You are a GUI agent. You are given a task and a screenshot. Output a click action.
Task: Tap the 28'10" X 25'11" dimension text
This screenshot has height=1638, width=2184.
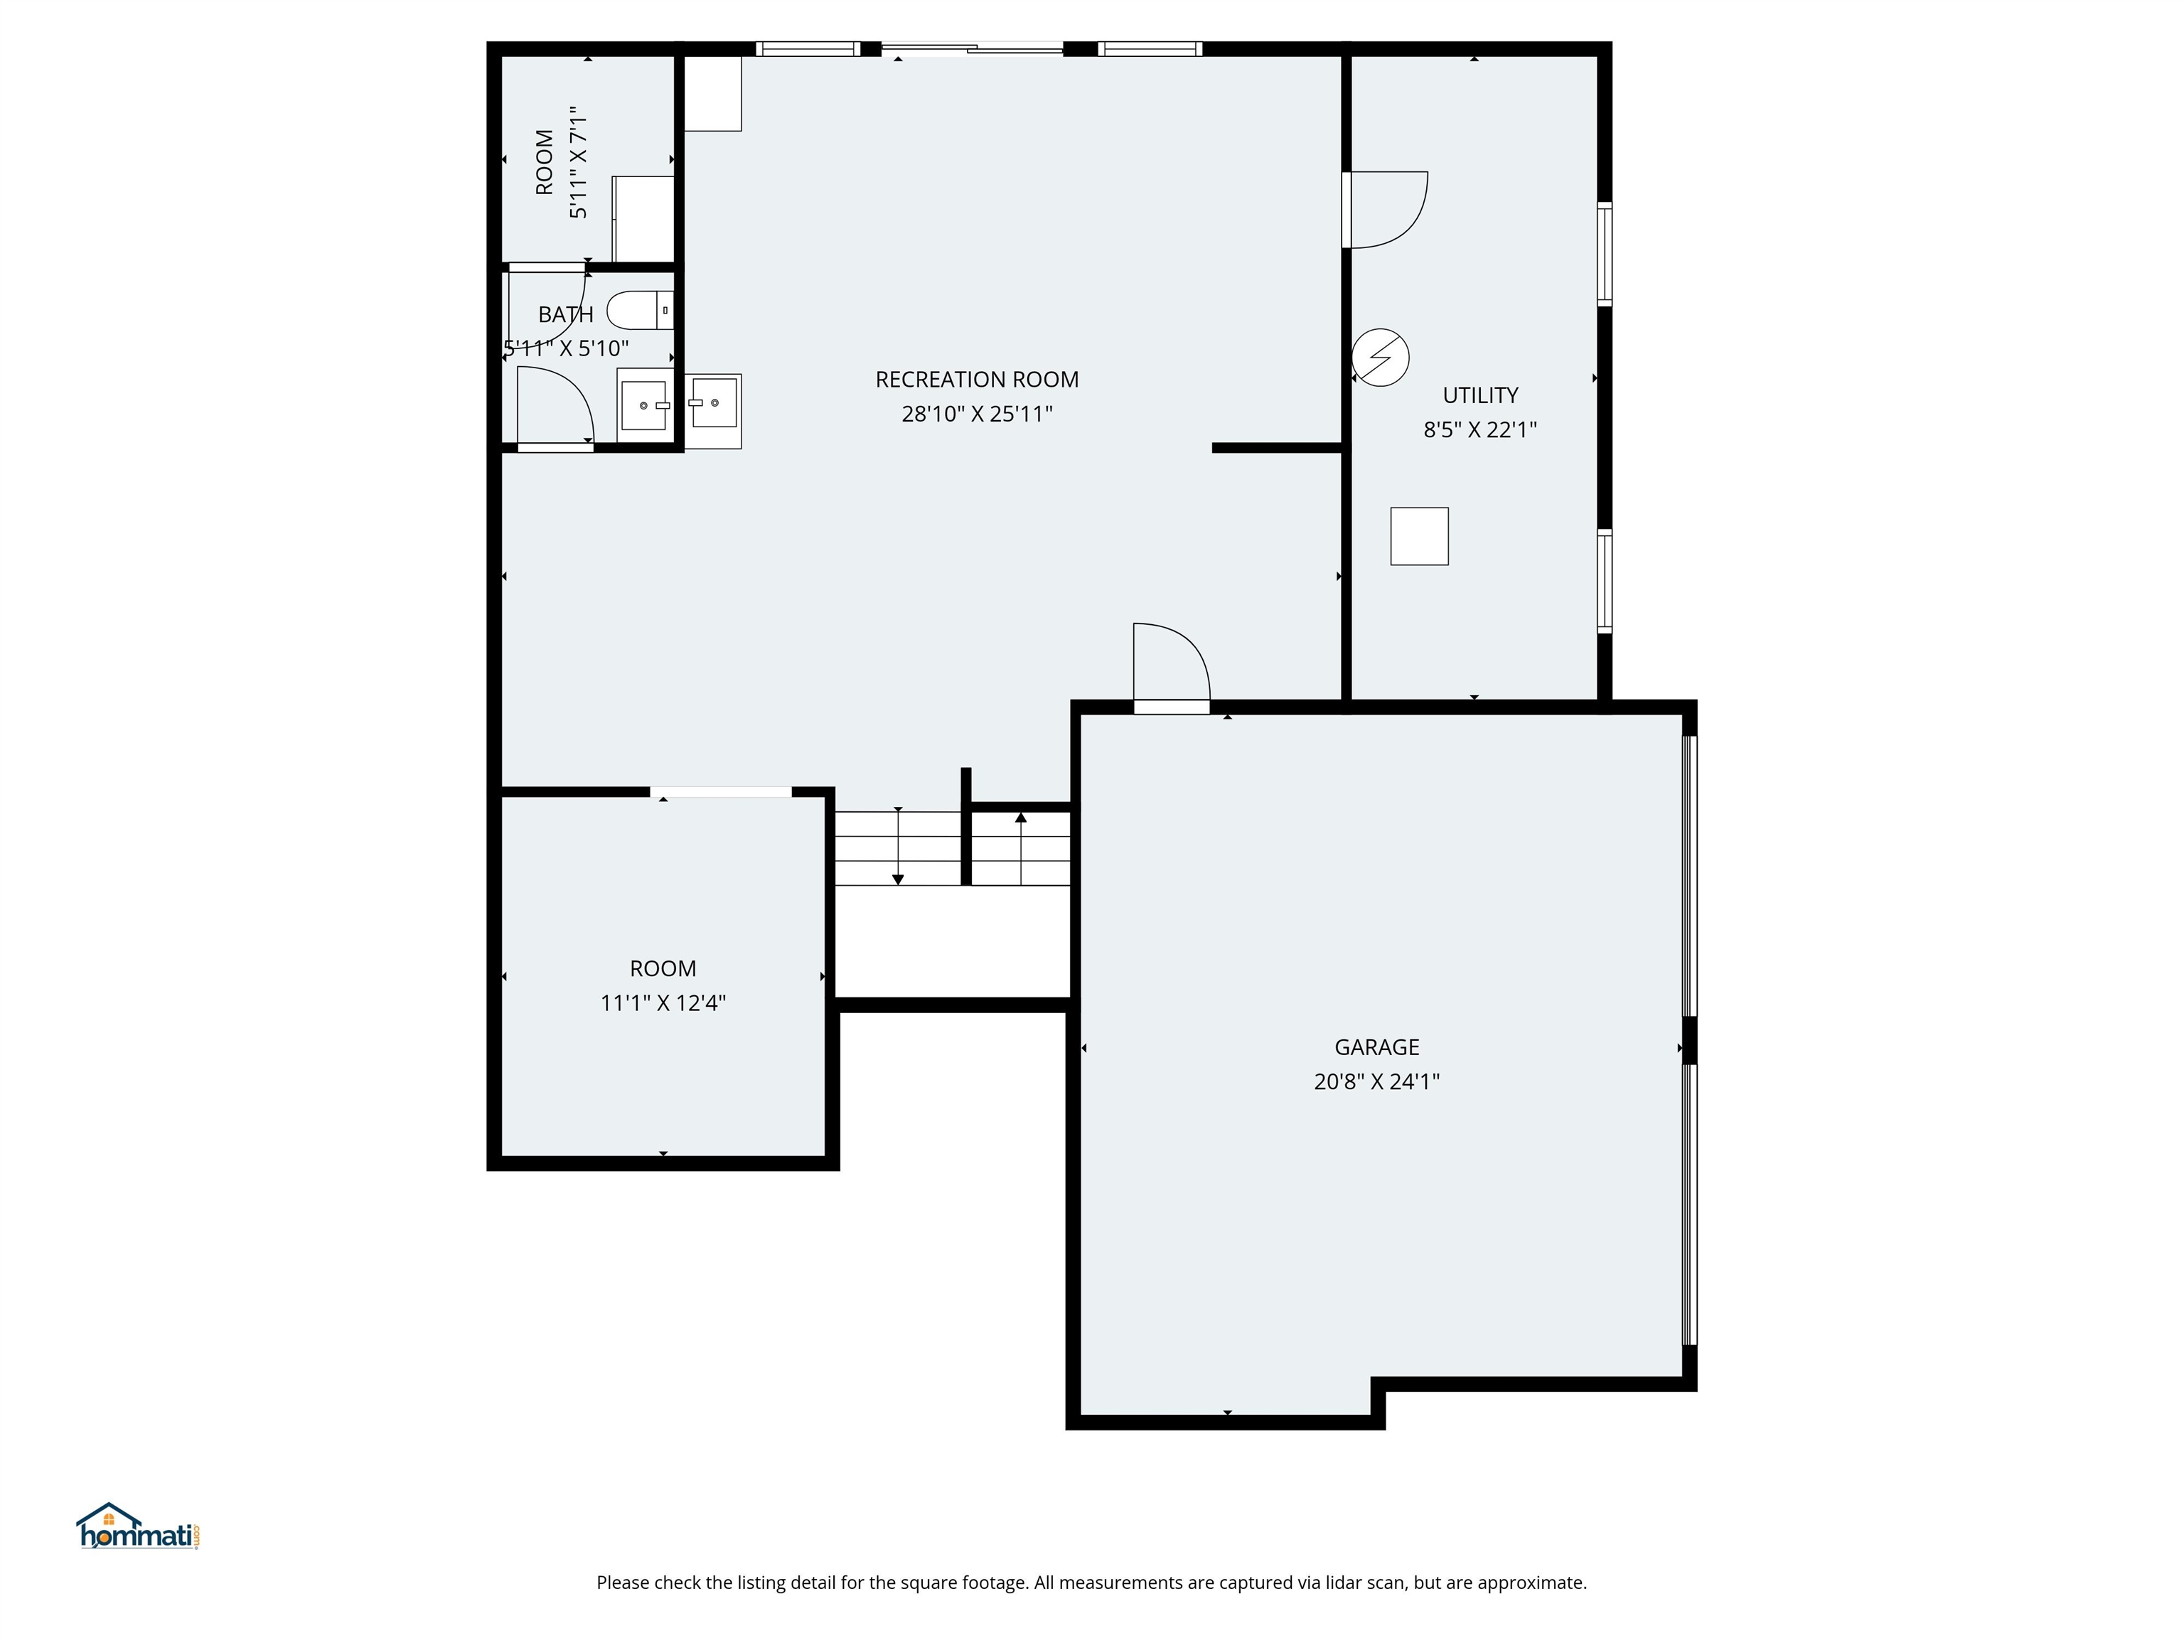click(x=977, y=414)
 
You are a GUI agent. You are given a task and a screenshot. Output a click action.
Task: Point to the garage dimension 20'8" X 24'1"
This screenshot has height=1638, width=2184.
click(x=1376, y=1082)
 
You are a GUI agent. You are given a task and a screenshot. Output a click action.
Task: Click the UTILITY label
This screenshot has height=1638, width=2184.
click(x=1480, y=396)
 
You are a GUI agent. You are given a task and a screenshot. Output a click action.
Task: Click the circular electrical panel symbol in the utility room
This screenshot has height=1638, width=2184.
click(x=1381, y=358)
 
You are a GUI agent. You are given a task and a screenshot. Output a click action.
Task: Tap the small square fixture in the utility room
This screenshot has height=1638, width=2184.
click(x=1419, y=536)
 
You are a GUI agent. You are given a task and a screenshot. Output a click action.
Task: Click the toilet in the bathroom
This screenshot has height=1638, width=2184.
click(x=638, y=310)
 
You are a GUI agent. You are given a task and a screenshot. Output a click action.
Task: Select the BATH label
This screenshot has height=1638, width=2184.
click(x=566, y=315)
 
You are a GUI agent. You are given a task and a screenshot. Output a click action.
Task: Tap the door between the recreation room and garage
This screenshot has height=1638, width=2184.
click(x=1171, y=666)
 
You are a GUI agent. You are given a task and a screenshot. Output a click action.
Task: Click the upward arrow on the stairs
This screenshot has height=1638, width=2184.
click(x=1021, y=818)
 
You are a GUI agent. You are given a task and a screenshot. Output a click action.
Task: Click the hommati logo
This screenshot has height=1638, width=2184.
click(x=138, y=1527)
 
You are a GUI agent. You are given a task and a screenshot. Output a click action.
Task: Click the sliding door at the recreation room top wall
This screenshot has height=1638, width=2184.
click(x=972, y=48)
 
